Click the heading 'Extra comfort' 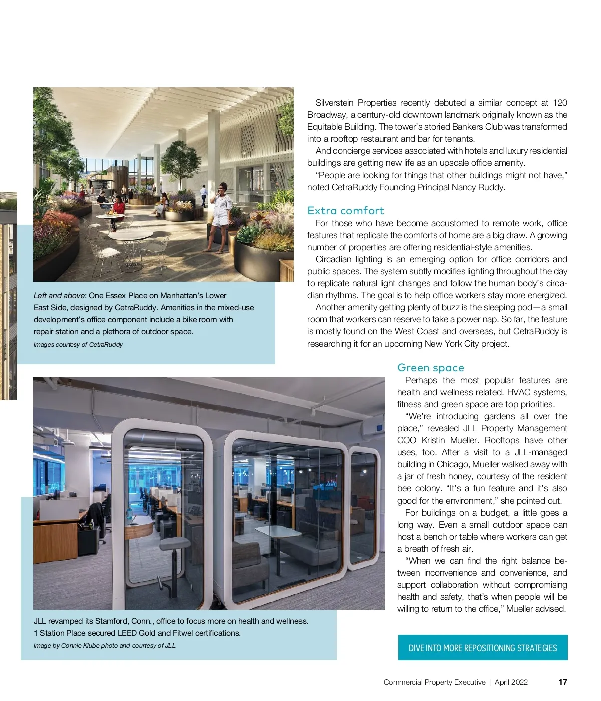(345, 211)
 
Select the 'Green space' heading (430, 368)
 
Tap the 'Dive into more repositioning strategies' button (483, 648)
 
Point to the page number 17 (563, 682)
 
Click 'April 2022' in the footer (511, 682)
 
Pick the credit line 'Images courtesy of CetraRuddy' (78, 344)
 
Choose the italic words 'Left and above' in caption (59, 296)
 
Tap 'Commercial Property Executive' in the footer (434, 682)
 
